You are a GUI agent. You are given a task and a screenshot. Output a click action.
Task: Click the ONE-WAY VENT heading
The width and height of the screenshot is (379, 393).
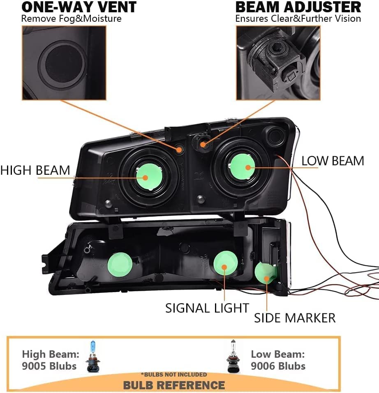tap(79, 7)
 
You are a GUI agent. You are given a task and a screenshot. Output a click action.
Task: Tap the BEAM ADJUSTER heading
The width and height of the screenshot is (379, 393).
tap(298, 7)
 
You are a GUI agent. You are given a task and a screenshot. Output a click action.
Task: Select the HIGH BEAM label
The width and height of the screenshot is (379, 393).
tap(35, 170)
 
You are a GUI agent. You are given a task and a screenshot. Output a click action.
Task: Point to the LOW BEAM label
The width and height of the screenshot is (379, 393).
tap(333, 161)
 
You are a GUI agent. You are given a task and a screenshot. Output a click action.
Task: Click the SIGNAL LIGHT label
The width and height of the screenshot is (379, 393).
tap(207, 308)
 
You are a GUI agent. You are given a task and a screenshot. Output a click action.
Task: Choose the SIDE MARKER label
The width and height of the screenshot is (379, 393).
tap(294, 318)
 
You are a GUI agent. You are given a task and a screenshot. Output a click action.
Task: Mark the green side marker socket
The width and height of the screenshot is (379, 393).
tap(265, 274)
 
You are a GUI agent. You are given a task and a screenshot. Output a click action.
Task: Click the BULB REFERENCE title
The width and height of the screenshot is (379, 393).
tap(174, 385)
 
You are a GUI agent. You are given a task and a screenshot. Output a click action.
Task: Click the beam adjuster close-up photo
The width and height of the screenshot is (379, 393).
tap(277, 62)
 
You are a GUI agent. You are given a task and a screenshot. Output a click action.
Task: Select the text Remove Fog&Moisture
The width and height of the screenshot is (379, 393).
tap(71, 19)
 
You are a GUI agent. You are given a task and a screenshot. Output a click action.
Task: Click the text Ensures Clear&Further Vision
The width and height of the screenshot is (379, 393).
tap(298, 19)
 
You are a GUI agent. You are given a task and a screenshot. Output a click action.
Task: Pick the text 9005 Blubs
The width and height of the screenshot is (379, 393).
tap(49, 366)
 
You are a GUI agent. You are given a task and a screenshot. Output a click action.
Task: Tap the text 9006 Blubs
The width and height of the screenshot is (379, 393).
tap(278, 366)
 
